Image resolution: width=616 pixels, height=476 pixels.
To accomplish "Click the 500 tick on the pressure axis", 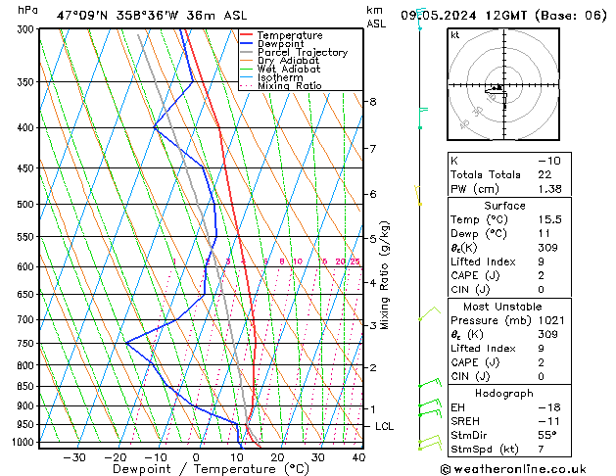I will [26, 204].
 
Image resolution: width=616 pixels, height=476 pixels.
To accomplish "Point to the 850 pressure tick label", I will [26, 386].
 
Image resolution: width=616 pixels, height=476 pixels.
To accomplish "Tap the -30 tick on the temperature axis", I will [74, 456].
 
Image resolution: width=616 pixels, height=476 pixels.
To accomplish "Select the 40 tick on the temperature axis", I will [358, 456].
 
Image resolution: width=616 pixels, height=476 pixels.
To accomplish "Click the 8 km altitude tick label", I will [373, 102].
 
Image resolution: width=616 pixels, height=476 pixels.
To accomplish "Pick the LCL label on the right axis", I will [385, 427].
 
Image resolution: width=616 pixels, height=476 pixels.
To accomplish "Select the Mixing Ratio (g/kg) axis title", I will [386, 275].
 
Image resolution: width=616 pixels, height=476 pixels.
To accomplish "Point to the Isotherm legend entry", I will [283, 77].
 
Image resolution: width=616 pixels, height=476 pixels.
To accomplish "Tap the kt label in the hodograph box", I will [455, 34].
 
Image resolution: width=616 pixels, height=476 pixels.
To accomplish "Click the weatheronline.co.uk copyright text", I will [528, 468].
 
